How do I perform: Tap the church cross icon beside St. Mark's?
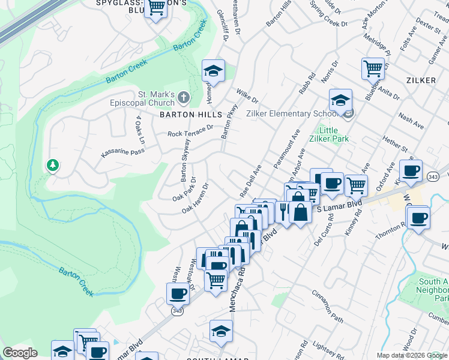tap(184, 97)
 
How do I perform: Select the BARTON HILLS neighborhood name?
tap(185, 114)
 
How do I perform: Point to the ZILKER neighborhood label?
tap(421, 79)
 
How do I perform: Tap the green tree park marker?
tap(53, 165)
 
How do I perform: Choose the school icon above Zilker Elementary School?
tap(340, 100)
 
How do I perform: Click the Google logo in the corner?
tap(20, 353)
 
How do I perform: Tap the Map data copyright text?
tap(412, 355)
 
